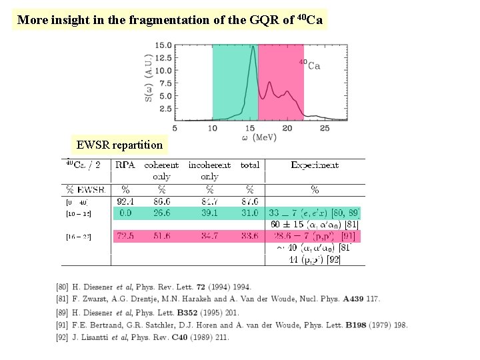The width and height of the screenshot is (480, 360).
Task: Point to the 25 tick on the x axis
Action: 325,127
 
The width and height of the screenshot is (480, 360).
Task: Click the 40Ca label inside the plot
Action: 309,65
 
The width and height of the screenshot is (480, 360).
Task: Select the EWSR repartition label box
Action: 119,145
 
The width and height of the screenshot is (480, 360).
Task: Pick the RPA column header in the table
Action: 125,165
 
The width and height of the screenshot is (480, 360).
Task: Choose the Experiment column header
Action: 315,165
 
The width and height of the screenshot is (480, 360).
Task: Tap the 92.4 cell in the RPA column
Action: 125,201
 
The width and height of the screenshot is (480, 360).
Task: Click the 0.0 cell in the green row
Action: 125,213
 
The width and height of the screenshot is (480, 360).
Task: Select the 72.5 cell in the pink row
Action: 125,236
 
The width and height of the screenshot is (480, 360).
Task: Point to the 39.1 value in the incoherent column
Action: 209,213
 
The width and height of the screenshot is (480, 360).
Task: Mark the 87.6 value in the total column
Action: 250,201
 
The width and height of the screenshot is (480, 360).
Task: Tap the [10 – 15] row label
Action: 79,213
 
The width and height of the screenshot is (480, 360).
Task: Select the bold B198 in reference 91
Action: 357,325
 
